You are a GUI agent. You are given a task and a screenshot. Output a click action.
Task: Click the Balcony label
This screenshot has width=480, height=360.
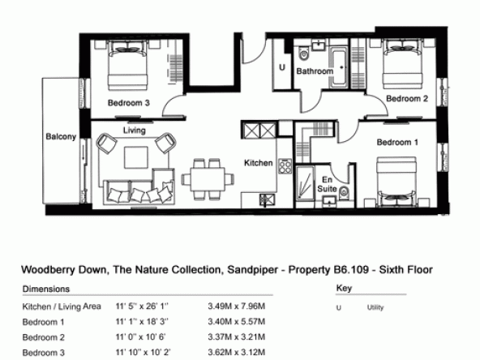point(61,136)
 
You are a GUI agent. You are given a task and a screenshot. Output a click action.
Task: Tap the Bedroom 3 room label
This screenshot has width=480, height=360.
point(129,103)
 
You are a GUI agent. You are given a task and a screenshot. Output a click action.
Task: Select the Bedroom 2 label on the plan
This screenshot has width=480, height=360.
point(407,99)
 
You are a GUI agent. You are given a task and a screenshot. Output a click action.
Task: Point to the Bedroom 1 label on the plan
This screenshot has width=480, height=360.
point(397,143)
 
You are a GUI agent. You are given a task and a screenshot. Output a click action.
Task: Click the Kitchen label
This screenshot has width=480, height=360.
point(259,163)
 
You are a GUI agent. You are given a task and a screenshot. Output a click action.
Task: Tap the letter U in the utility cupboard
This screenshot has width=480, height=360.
point(282,67)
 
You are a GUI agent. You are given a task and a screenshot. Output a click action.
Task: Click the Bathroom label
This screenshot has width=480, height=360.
point(315,71)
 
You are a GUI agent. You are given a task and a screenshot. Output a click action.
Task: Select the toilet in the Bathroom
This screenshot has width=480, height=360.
point(304,54)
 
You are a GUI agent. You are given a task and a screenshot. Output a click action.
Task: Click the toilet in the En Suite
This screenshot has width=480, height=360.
point(344,192)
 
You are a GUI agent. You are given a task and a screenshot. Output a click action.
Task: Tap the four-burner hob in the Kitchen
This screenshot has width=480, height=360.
point(285,166)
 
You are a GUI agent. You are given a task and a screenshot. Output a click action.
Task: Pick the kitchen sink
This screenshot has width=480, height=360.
point(267,200)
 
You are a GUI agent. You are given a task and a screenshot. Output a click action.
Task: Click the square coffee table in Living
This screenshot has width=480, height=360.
point(136,157)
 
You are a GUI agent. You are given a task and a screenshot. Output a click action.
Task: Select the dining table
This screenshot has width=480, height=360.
point(208,179)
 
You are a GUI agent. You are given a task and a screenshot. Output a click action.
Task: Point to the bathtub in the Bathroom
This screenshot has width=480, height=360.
point(339,67)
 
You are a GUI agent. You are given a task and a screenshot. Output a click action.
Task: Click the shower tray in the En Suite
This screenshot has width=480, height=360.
point(305,182)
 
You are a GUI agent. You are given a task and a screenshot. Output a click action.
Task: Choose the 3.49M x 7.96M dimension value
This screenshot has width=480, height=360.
point(236,306)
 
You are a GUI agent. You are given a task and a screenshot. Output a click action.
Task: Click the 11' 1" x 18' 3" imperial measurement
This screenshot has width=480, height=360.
point(142,322)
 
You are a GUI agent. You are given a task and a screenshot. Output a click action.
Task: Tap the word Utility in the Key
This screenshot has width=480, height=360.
point(375,307)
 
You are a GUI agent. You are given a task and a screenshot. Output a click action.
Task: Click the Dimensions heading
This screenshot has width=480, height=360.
point(46,289)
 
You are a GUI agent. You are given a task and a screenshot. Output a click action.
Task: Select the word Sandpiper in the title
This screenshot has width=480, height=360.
point(252,270)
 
